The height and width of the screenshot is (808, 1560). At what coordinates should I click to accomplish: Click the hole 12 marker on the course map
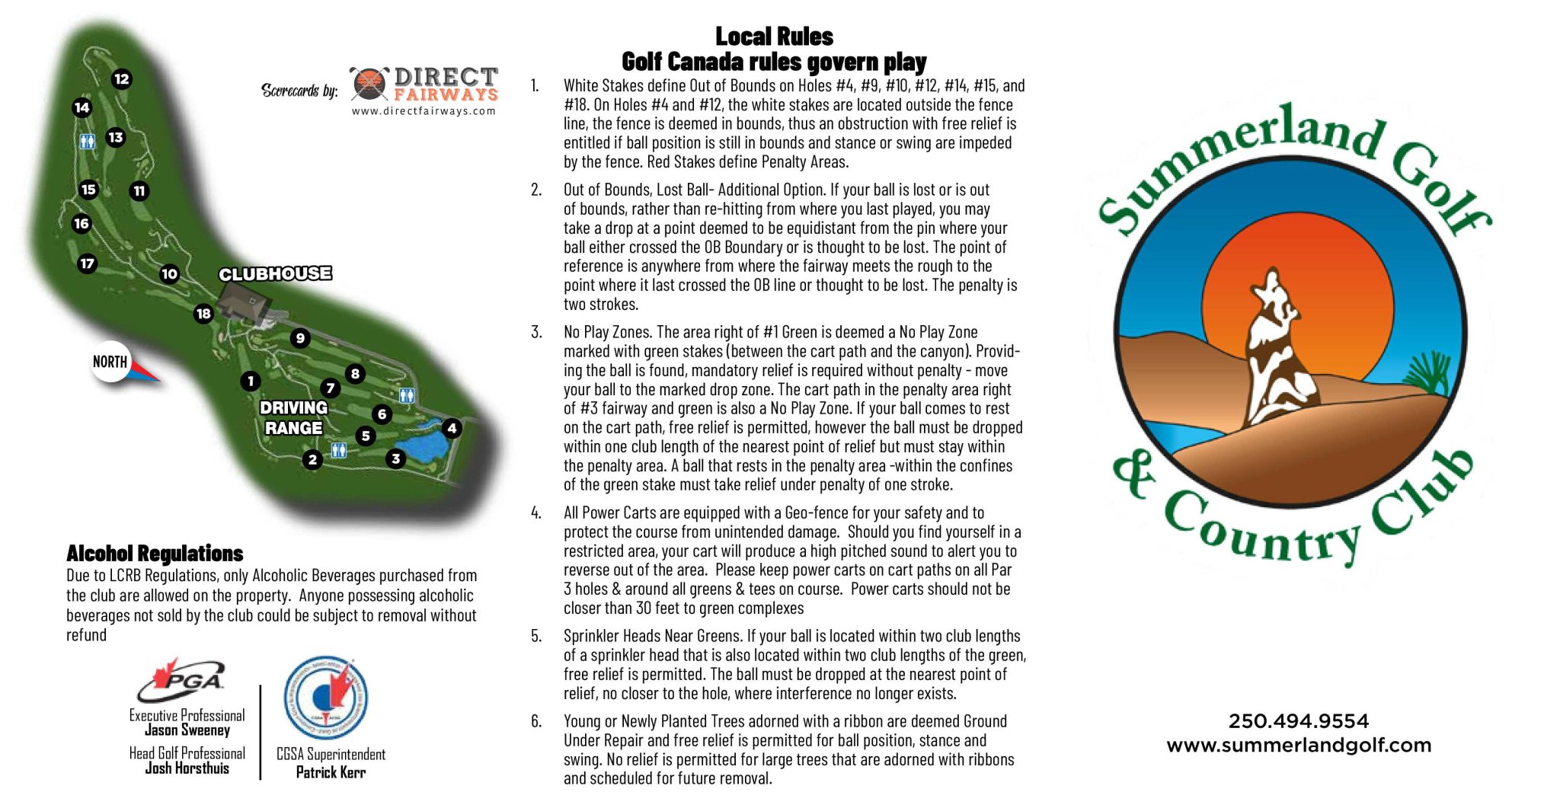(x=122, y=79)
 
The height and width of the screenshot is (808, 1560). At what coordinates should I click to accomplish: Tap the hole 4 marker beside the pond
(x=452, y=428)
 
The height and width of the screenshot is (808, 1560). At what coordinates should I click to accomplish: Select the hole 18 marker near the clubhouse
(x=203, y=314)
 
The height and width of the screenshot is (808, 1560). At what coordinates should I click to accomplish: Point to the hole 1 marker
(x=251, y=381)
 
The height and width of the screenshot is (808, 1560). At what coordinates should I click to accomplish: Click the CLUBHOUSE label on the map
(x=275, y=274)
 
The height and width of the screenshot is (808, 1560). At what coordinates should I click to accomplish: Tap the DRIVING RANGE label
(x=293, y=418)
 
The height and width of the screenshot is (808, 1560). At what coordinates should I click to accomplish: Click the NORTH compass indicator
(x=111, y=362)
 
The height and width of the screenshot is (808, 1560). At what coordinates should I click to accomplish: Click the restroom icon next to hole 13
(x=88, y=141)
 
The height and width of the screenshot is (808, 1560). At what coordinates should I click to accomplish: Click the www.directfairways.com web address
(x=424, y=111)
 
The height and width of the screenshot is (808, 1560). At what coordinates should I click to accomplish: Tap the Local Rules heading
(x=774, y=37)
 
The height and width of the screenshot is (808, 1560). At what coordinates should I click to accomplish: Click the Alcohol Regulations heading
(x=155, y=554)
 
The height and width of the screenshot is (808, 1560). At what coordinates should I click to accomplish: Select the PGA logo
(x=181, y=679)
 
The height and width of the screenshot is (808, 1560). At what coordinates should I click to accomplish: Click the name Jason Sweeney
(x=187, y=730)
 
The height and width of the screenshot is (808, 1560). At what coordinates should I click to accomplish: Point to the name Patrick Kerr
(x=331, y=772)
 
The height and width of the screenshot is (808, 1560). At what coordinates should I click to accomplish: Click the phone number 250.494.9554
(x=1299, y=721)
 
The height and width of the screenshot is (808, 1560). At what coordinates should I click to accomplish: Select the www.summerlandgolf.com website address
(x=1299, y=746)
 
